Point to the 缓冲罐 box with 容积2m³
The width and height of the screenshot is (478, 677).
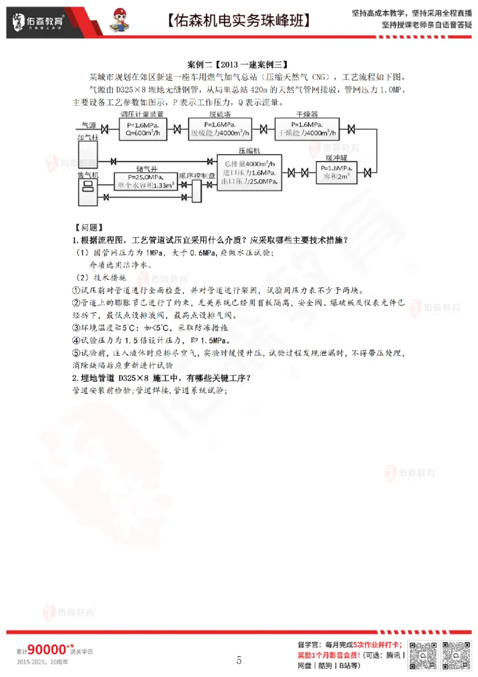[x=337, y=173]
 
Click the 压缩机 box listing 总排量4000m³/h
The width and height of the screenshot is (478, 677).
[x=249, y=172]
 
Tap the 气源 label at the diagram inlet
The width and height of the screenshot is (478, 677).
[x=88, y=125]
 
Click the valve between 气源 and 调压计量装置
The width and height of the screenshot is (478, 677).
[x=105, y=130]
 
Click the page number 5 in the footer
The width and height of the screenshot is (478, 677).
[x=239, y=660]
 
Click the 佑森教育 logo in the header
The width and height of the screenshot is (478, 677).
[x=39, y=21]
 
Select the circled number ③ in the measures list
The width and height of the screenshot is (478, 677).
[x=76, y=327]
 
